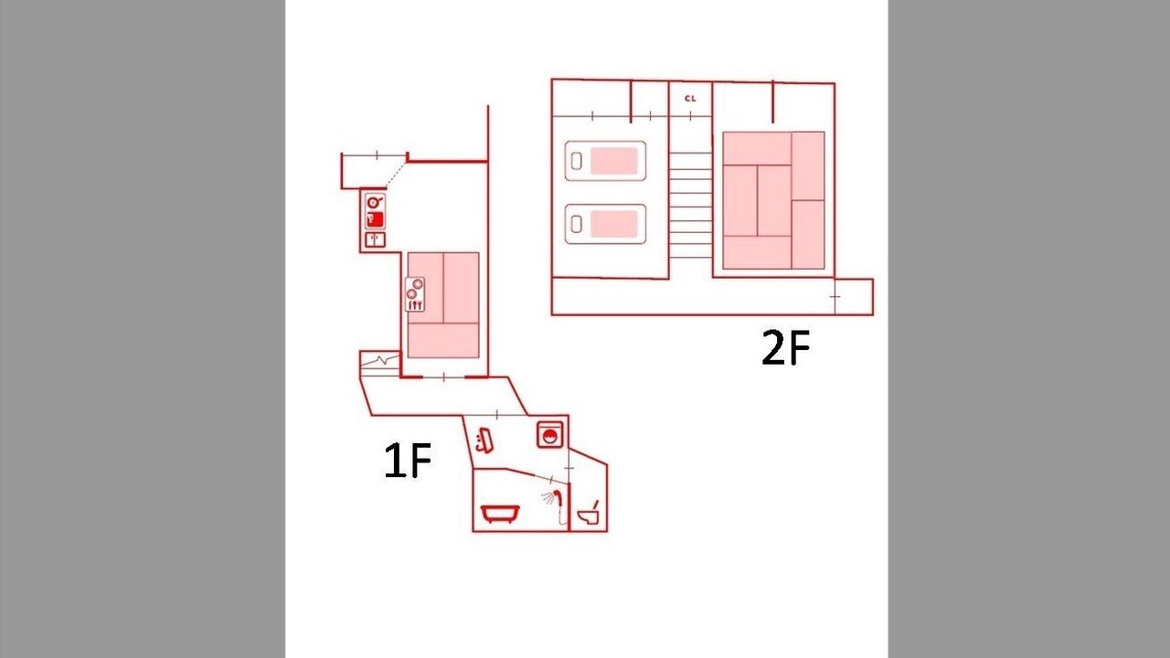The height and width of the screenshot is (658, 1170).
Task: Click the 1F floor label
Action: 408,460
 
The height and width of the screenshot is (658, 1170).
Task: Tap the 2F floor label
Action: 785,347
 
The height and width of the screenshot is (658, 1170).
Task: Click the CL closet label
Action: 690,98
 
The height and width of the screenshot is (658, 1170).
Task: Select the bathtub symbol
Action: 500,513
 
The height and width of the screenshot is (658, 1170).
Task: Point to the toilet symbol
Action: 590,513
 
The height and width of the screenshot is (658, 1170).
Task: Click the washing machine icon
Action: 550,434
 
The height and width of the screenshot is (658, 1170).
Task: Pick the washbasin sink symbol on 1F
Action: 484,440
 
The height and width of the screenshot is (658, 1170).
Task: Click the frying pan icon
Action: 375,202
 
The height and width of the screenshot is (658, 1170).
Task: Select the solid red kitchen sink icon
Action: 375,219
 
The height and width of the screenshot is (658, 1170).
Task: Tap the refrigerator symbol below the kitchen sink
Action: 375,239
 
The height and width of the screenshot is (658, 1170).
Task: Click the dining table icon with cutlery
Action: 415,294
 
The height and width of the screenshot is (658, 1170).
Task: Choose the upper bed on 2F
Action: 605,161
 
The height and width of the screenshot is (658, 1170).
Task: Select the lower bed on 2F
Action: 605,224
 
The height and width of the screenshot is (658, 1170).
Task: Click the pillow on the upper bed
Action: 576,161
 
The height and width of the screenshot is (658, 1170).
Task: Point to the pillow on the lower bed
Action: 576,224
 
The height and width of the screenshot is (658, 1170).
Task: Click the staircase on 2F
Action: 690,205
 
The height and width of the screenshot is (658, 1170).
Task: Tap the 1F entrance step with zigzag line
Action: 379,364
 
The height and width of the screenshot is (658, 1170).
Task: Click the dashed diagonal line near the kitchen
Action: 397,175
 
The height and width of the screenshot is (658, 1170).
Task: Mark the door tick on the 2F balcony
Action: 835,297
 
